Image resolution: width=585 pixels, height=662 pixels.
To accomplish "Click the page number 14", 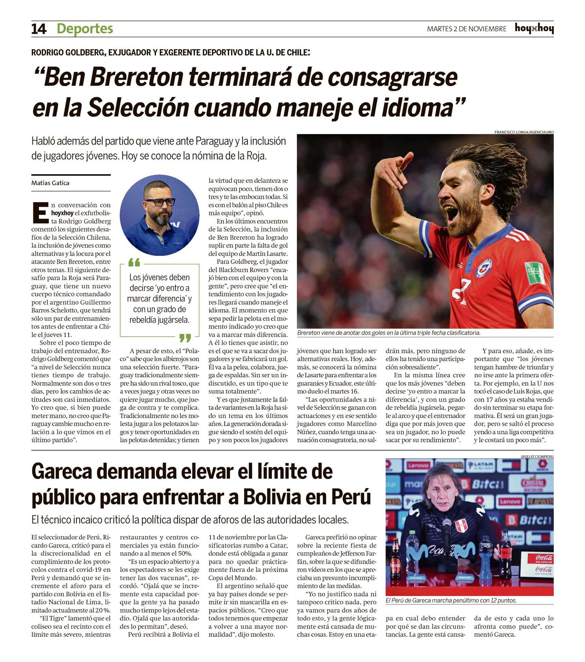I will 39,29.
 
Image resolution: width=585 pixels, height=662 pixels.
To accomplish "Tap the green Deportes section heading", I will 84,28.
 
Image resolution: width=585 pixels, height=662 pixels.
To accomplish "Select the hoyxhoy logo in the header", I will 534,28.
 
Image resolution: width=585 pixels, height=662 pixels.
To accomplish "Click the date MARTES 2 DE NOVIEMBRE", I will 466,29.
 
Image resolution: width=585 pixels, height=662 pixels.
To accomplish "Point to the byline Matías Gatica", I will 50,183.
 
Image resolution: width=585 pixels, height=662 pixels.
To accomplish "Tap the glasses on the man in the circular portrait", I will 159,202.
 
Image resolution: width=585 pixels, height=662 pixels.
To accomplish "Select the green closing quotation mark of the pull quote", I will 185,337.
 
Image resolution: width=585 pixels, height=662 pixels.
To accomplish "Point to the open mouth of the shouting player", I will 452,212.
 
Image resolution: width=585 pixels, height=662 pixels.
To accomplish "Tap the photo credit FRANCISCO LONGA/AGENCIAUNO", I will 524,132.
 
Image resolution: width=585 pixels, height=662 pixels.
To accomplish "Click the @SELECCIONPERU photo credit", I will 537,456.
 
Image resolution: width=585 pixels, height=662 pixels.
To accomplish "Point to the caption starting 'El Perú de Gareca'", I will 451,600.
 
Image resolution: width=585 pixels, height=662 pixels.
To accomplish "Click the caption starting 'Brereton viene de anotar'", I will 388,333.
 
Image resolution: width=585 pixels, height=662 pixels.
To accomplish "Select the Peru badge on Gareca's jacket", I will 461,526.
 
